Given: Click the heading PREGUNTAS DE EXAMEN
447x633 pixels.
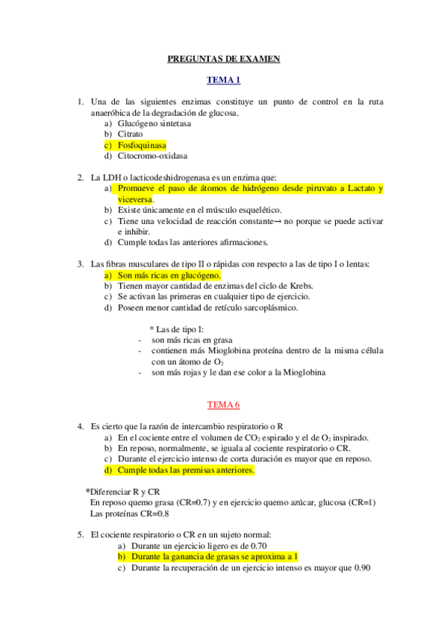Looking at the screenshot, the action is (x=223, y=59).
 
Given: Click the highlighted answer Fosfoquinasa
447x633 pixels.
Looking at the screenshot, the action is (x=142, y=145).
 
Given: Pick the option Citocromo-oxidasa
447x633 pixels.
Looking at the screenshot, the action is (x=152, y=156).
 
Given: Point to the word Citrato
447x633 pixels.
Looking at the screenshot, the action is (x=131, y=134).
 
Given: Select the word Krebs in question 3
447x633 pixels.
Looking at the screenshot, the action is (x=301, y=286).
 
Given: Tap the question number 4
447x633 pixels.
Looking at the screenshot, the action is (x=80, y=426).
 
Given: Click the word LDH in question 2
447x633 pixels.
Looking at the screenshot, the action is (x=110, y=178).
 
